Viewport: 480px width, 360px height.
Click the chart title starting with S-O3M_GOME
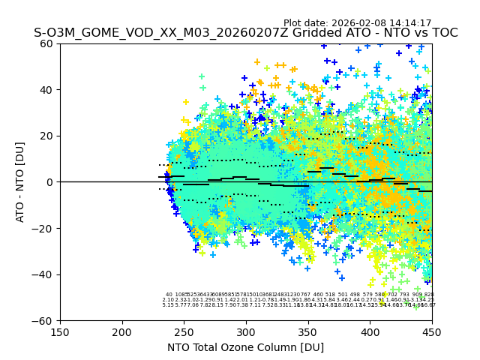click(245, 33)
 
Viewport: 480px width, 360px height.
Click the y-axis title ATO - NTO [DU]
click(20, 182)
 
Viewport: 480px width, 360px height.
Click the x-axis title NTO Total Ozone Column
click(245, 347)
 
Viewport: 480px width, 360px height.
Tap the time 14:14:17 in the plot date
click(409, 23)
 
